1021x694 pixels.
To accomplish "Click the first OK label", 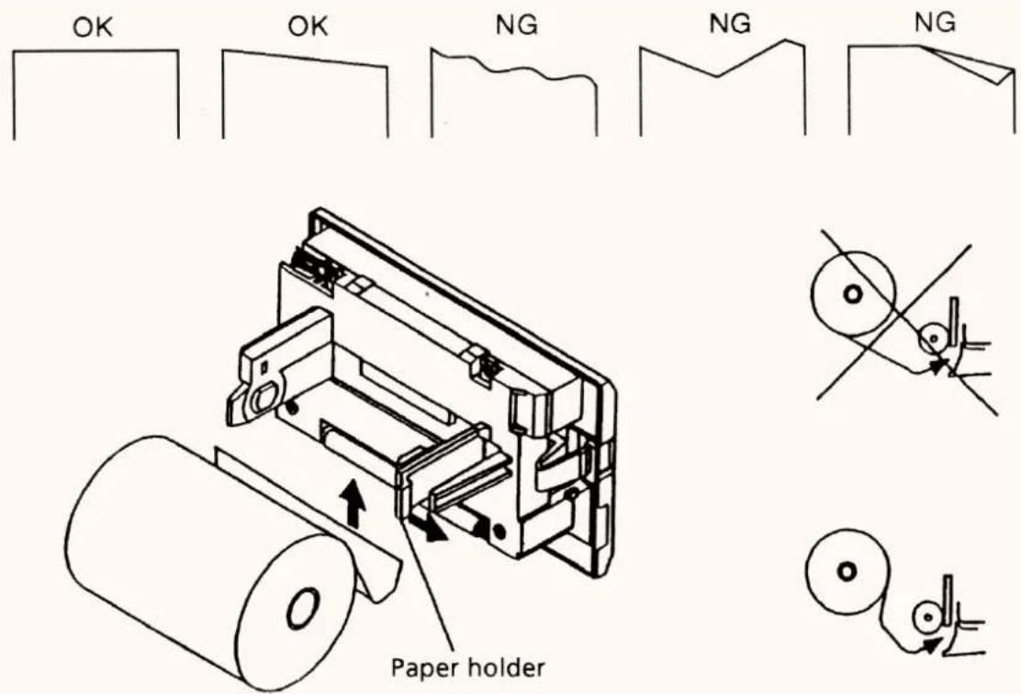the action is [93, 28].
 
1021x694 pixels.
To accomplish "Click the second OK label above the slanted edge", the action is [308, 27].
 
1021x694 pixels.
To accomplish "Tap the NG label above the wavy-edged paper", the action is [517, 25].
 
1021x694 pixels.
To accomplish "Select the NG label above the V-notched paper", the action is [730, 24].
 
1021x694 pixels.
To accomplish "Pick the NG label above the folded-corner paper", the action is [935, 23].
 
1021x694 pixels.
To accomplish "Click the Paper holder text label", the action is [467, 668].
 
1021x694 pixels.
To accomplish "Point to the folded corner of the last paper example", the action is [977, 65].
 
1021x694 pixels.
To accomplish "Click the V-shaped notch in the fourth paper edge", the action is [718, 76].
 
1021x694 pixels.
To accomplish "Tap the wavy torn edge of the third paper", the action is [514, 66].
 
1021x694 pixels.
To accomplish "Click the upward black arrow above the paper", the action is [353, 503].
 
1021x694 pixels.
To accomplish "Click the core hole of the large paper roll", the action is [303, 608].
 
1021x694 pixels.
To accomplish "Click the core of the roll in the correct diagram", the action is [847, 572].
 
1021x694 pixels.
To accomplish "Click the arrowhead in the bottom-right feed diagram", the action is [933, 645].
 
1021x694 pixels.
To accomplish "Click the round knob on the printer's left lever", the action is [264, 397].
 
